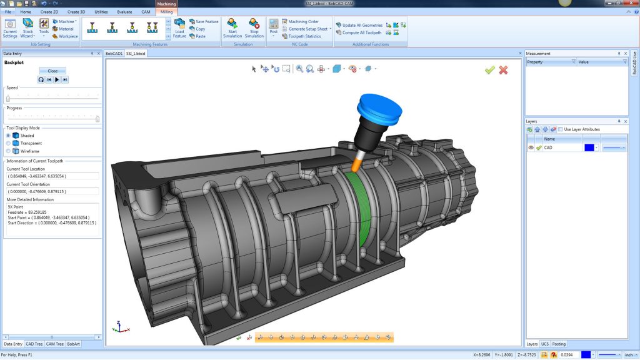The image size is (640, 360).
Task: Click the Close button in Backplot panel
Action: click(52, 71)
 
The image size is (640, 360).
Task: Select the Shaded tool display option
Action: click(9, 135)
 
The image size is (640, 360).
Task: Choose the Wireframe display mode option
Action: click(9, 151)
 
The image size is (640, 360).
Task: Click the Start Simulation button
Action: click(232, 28)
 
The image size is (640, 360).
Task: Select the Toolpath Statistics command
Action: click(304, 36)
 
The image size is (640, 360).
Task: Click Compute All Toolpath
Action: click(361, 32)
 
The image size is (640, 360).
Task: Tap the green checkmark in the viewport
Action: click(490, 70)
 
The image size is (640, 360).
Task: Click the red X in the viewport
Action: click(503, 70)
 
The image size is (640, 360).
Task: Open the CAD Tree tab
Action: click(34, 344)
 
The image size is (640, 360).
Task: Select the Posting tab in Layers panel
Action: click(559, 344)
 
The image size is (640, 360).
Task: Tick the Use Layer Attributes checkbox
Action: click(561, 129)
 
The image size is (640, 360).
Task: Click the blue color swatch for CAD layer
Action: click(589, 147)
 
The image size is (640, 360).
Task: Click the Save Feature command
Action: click(206, 21)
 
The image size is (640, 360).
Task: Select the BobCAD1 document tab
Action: click(114, 54)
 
